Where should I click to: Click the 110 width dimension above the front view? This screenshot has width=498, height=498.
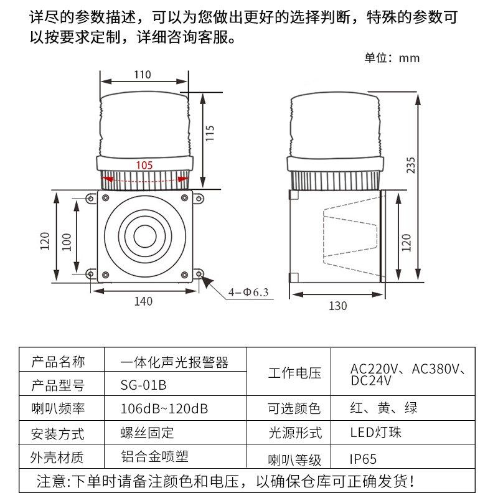tap(143, 75)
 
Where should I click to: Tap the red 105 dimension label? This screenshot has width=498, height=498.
tap(144, 165)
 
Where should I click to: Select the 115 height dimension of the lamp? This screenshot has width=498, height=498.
tap(210, 133)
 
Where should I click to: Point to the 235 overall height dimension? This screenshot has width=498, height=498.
tap(410, 164)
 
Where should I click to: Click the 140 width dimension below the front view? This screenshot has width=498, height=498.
tap(143, 302)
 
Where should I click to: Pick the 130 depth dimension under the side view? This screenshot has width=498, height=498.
tap(337, 306)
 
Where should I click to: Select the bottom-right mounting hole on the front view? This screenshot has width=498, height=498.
tap(199, 274)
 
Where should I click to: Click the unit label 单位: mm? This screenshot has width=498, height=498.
tap(392, 59)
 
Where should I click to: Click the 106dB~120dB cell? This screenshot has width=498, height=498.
tap(164, 409)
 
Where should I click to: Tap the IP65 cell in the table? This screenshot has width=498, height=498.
tap(363, 459)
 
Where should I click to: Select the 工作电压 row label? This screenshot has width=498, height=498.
tap(294, 374)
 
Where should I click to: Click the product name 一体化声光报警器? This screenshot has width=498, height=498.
tap(174, 362)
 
